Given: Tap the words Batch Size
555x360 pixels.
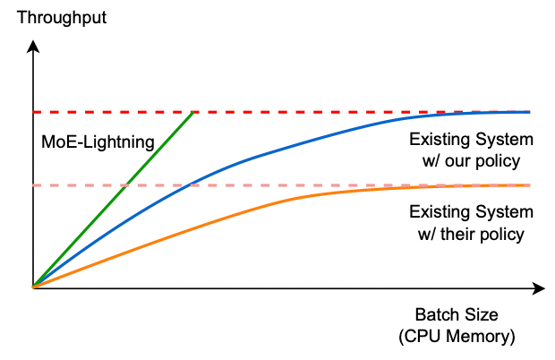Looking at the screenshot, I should pyautogui.click(x=456, y=315).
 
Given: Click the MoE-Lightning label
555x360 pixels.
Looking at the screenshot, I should pyautogui.click(x=98, y=141).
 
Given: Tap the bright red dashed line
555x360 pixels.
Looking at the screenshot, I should pyautogui.click(x=358, y=112).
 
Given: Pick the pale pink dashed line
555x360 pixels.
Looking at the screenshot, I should pyautogui.click(x=269, y=185).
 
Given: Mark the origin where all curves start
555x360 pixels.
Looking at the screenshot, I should pyautogui.click(x=32, y=287).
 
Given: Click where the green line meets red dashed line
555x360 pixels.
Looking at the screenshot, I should pyautogui.click(x=194, y=112).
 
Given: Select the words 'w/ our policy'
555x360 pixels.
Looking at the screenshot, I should pyautogui.click(x=470, y=161).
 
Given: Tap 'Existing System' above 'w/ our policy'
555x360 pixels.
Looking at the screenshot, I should pyautogui.click(x=470, y=141).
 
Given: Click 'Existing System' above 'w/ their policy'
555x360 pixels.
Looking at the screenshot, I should pyautogui.click(x=470, y=213).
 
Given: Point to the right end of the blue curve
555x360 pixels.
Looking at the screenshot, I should pyautogui.click(x=529, y=112).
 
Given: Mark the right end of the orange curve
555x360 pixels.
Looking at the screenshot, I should pyautogui.click(x=529, y=185).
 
